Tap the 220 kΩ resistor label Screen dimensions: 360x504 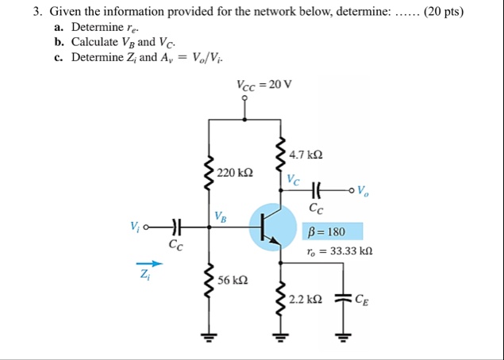[235, 172]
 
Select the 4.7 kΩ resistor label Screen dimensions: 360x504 [306, 155]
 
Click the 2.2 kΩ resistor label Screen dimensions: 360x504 [306, 299]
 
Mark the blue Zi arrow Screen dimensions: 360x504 [144, 264]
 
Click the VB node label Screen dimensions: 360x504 [221, 216]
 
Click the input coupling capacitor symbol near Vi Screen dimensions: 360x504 [175, 228]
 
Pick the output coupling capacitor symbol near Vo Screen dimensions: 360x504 [317, 190]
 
